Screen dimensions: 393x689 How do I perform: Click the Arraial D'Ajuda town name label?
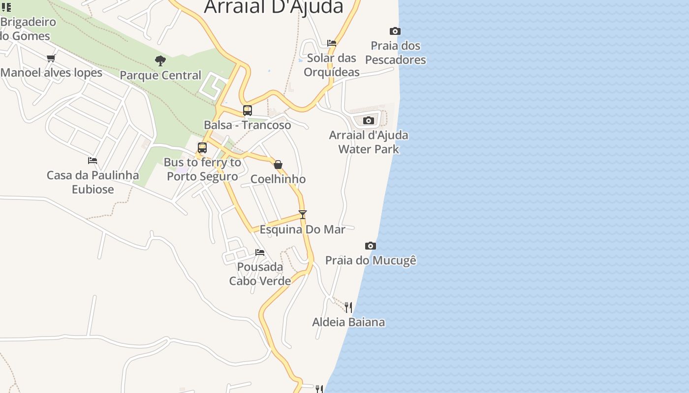tap(274, 7)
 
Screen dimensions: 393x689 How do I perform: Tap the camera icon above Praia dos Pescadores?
tap(395, 31)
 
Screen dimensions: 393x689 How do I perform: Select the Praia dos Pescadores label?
tap(396, 53)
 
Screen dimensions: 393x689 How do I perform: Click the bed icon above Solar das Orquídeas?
tap(332, 43)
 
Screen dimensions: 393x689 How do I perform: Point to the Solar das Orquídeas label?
tap(332, 65)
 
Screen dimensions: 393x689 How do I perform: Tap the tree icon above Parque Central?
tap(160, 61)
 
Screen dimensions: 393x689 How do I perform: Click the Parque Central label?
tap(160, 75)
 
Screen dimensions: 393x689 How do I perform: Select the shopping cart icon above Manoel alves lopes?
tap(51, 58)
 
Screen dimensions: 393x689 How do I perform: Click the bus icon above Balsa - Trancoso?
tap(248, 111)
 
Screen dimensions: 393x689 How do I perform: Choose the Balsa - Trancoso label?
tap(248, 125)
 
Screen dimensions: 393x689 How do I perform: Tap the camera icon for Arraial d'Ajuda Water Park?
tap(369, 121)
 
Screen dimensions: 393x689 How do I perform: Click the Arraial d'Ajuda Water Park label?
tap(369, 142)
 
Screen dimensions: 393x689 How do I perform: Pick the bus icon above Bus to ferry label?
tap(202, 148)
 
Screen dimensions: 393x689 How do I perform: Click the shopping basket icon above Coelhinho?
tap(278, 165)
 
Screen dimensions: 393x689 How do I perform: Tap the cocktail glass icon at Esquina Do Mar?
tap(303, 215)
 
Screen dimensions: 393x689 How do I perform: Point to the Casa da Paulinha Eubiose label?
tap(93, 182)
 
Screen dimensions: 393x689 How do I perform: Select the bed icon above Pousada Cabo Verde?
tap(260, 253)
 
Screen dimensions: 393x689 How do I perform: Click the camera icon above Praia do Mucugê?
tap(371, 246)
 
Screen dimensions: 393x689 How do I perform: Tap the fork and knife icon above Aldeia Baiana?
tap(348, 308)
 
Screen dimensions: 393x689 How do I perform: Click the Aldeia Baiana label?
tap(348, 322)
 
